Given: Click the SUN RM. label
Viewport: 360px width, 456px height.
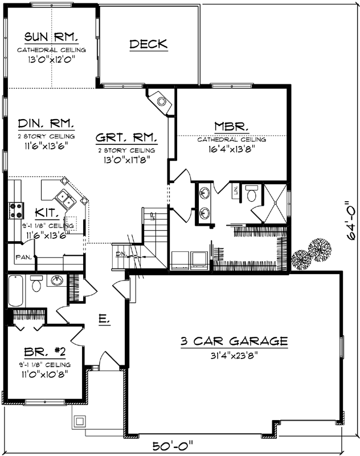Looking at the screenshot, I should coord(51,38).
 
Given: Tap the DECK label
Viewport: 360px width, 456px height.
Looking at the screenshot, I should coord(148,44).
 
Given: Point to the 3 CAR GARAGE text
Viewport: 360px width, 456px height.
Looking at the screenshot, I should coord(234,341).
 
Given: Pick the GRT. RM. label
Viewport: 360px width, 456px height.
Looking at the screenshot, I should coord(126,137).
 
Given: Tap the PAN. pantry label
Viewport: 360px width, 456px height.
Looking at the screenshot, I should coord(23,257).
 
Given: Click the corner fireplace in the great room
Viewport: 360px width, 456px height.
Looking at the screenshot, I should coord(161,101).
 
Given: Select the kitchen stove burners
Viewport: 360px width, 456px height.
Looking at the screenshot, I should coord(14,210).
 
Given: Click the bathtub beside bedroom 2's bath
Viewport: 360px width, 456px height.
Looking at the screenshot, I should coord(16,291).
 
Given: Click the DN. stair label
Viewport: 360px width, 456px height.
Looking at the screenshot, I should coord(121,254).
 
